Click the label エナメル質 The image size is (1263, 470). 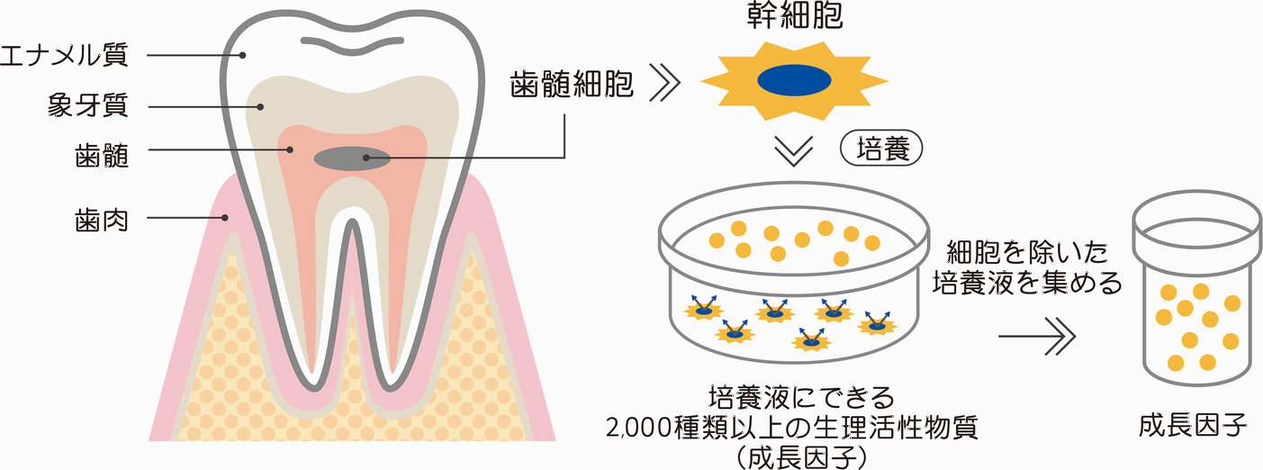point(65,55)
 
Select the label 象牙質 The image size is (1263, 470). point(87,107)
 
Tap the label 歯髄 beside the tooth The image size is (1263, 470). point(101,157)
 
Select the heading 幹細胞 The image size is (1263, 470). point(794,16)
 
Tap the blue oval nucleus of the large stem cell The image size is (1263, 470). point(793,80)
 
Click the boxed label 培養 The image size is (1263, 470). point(882,149)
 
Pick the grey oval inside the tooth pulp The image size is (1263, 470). point(352,158)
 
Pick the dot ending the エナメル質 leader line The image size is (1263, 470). point(243,55)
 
